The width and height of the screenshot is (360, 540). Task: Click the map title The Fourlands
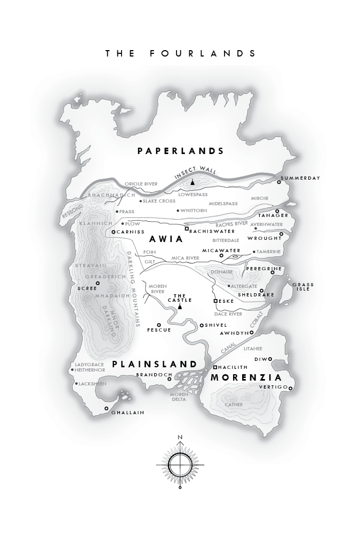click(x=181, y=53)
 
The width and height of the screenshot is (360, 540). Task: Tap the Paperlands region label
click(x=181, y=151)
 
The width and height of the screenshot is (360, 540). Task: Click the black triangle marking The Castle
click(x=180, y=307)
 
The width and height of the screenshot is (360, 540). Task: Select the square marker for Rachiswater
click(x=187, y=229)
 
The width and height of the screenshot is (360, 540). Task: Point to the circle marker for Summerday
click(x=279, y=182)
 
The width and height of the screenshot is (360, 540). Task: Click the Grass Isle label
click(x=303, y=287)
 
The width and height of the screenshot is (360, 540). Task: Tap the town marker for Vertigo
click(x=291, y=389)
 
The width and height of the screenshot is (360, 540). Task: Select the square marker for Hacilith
click(x=215, y=367)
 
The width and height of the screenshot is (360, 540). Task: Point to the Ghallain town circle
click(x=106, y=409)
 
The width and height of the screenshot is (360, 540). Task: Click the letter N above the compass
click(x=180, y=438)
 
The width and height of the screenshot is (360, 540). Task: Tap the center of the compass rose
click(x=180, y=464)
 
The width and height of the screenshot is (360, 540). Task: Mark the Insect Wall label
click(x=196, y=173)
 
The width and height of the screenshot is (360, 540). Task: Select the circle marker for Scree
click(x=98, y=283)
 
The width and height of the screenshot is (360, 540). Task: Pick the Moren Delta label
click(x=178, y=397)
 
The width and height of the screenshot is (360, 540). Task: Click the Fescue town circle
click(x=158, y=325)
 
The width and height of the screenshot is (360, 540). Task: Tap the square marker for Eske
click(x=215, y=301)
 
